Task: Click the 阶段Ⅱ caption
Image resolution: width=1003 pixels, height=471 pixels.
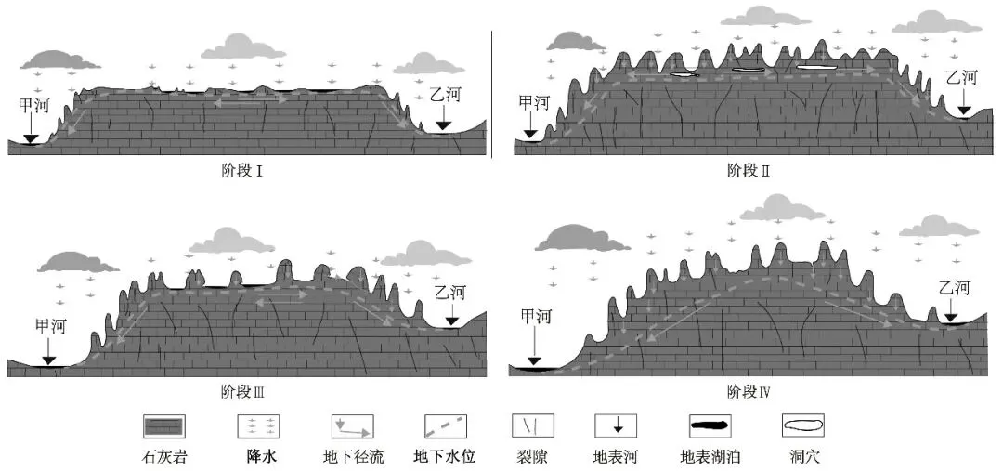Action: (749, 170)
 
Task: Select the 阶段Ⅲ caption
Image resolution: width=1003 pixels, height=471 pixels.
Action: (243, 390)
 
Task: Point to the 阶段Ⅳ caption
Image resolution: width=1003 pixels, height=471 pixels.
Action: (749, 390)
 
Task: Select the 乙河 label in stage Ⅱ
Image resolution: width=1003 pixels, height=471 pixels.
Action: (962, 78)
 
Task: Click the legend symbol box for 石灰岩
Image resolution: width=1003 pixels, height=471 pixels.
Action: (163, 426)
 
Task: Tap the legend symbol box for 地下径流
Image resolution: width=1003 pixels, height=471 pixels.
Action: (353, 426)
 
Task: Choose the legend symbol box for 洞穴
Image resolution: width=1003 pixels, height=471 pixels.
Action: (802, 426)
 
